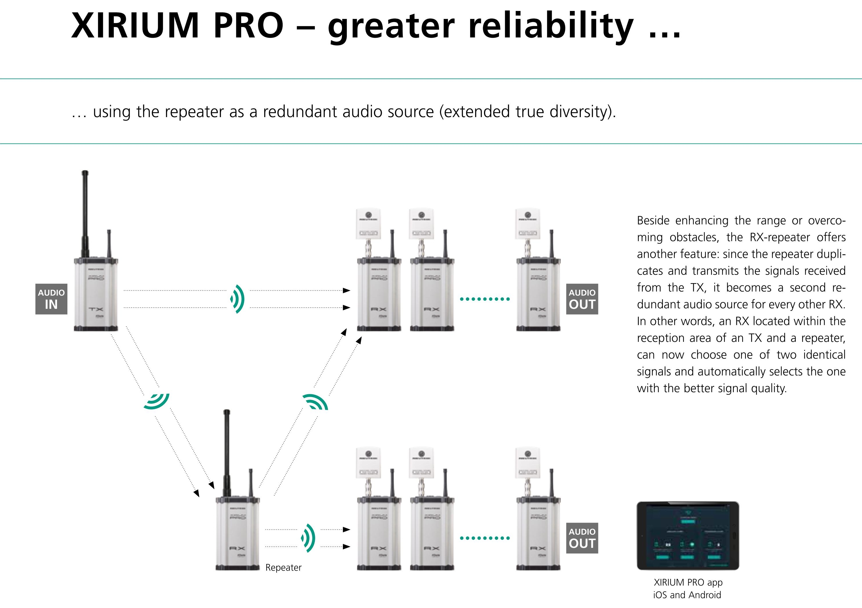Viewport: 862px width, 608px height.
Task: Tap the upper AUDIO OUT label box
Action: (x=582, y=299)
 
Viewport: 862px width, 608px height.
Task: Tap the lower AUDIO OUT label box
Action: (x=582, y=538)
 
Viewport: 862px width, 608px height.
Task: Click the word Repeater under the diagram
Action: (x=283, y=567)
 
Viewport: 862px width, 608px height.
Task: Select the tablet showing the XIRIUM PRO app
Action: (x=687, y=535)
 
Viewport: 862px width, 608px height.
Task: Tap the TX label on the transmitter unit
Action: (x=96, y=309)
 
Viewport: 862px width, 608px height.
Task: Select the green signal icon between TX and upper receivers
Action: (x=237, y=299)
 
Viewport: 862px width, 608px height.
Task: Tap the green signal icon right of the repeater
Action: (x=308, y=538)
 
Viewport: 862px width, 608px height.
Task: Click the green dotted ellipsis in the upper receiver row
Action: (x=485, y=299)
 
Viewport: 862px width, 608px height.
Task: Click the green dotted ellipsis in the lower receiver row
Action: (x=485, y=538)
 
